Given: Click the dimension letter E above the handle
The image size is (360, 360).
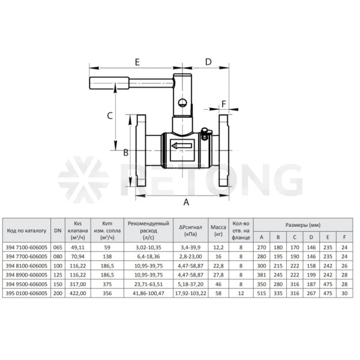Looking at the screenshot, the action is click(x=137, y=62).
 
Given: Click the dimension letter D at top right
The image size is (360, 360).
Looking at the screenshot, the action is click(x=208, y=62).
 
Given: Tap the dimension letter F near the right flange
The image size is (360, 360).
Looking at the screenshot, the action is click(x=224, y=104).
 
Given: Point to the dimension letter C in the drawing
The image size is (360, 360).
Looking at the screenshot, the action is click(x=110, y=116).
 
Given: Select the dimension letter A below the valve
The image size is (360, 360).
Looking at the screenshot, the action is click(x=186, y=202).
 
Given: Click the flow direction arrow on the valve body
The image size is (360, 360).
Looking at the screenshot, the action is click(x=182, y=146).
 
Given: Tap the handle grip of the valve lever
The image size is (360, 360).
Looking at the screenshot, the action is click(x=109, y=83).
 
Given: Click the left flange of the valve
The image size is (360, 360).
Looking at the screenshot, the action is click(x=141, y=151).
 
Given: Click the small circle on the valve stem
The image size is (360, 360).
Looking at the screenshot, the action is click(x=182, y=103).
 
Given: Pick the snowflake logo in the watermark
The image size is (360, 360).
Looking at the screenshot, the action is click(x=83, y=180).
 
